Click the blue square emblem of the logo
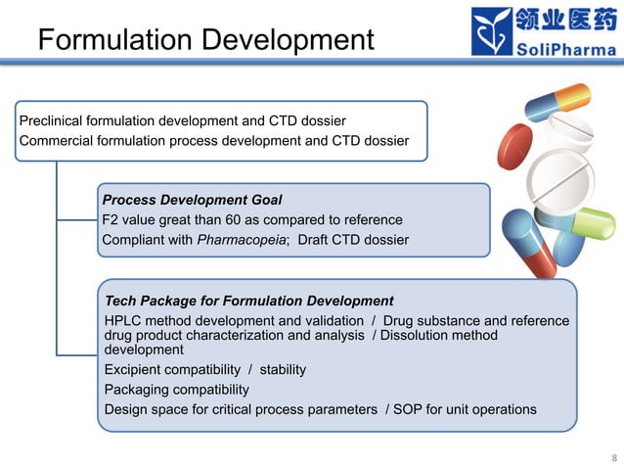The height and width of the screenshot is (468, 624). pos(491,31)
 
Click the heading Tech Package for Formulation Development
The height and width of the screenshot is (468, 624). pos(248,301)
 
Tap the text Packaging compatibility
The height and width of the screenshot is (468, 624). pos(176,389)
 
